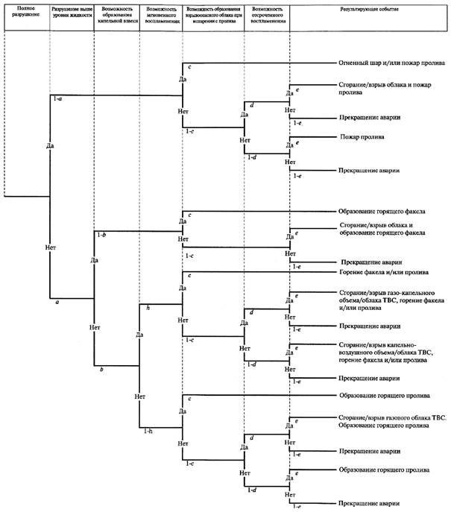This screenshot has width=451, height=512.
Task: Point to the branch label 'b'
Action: point(103,370)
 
